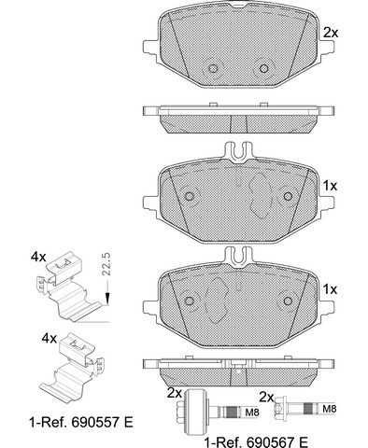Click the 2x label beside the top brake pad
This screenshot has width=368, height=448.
pyautogui.click(x=331, y=33)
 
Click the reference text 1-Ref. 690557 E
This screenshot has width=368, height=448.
pyautogui.click(x=81, y=423)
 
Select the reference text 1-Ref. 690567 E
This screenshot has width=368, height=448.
pyautogui.click(x=256, y=441)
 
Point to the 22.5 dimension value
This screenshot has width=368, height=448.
pyautogui.click(x=106, y=264)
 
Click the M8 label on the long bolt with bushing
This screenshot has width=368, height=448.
pyautogui.click(x=252, y=413)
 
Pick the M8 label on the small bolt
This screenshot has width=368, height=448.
pyautogui.click(x=329, y=409)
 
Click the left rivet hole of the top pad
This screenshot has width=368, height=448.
pyautogui.click(x=213, y=68)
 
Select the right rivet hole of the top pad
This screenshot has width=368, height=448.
pyautogui.click(x=264, y=68)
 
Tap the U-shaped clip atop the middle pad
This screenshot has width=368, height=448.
pyautogui.click(x=238, y=151)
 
